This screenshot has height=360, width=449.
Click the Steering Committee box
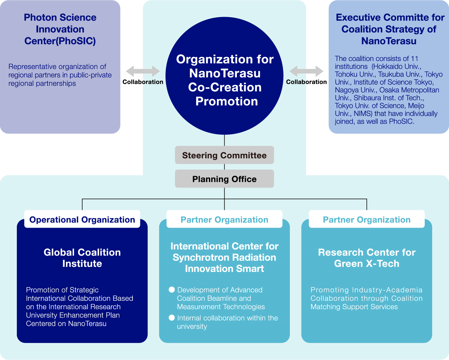coord(224,155)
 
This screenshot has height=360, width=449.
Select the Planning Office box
coord(224,179)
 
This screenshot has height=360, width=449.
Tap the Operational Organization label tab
coord(82,219)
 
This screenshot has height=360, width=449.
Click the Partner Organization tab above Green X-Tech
coord(366,219)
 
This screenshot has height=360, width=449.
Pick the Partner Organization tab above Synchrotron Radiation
coord(224,219)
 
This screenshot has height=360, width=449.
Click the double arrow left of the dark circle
coord(143,71)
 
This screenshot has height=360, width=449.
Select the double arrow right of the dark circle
coord(306,71)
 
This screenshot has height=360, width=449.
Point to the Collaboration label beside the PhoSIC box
coord(143,82)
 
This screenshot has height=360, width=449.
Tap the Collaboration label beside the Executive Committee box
coord(306,82)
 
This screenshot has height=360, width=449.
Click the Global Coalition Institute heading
coord(82,258)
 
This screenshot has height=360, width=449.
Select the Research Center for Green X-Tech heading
coord(366,258)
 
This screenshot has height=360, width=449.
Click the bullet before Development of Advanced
coord(172,290)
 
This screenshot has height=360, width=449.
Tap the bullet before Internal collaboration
coord(172,317)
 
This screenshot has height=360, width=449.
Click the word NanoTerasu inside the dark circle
coord(225,73)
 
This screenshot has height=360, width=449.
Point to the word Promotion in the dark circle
coord(226,101)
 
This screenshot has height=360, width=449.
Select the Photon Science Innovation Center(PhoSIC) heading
coord(60,29)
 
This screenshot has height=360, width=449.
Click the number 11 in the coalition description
coord(414,59)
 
